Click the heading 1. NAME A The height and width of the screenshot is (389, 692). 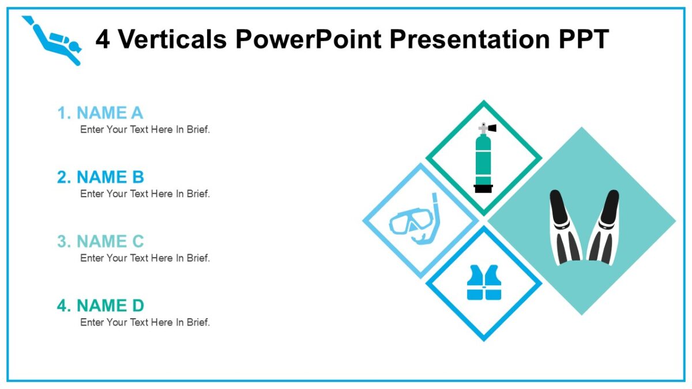[x=100, y=113]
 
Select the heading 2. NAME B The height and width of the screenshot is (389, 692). [x=100, y=177]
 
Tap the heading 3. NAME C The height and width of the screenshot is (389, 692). [x=100, y=241]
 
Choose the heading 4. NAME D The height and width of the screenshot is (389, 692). [x=100, y=305]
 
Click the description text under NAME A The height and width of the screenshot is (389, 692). [x=145, y=130]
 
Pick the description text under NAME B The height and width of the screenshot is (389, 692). [x=145, y=194]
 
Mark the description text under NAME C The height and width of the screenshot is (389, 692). [x=145, y=258]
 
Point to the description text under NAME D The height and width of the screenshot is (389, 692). [x=145, y=322]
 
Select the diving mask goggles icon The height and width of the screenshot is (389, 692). [x=411, y=221]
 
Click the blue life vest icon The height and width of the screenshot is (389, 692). [x=484, y=283]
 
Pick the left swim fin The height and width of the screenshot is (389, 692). [x=565, y=228]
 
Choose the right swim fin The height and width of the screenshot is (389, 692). [x=603, y=228]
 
